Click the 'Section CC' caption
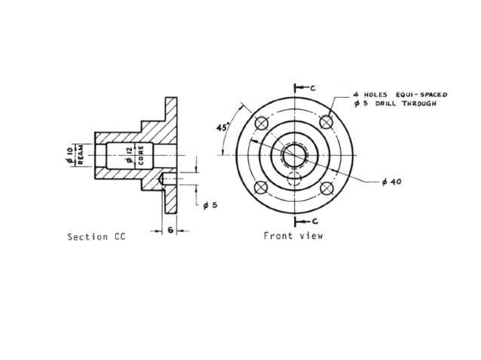pos(96,236)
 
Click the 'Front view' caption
pos(293,236)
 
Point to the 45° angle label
pos(223,127)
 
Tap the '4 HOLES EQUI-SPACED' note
pos(400,95)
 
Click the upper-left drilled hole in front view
pos(262,123)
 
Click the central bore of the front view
pos(294,155)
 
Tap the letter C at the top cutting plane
pos(313,88)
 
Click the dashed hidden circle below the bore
pos(294,178)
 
